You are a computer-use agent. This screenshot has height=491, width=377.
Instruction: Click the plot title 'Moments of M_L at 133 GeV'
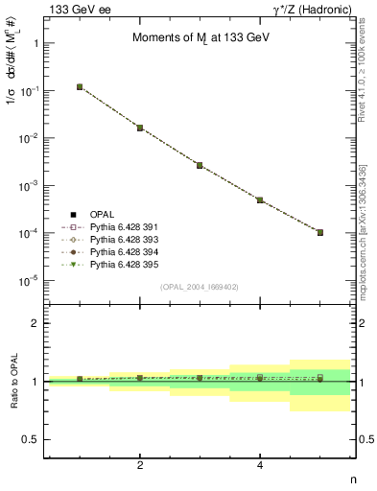pos(200,38)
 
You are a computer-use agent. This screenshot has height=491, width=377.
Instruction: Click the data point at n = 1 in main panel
pos(80,87)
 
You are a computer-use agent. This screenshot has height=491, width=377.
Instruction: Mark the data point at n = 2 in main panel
pos(140,128)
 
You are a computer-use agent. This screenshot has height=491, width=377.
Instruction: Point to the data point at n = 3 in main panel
pos(200,165)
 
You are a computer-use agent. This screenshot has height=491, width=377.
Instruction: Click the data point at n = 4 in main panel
pos(260,199)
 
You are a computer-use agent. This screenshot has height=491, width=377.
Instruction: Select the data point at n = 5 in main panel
pos(320,232)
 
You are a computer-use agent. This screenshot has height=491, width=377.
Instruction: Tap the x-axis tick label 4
pos(260,465)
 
